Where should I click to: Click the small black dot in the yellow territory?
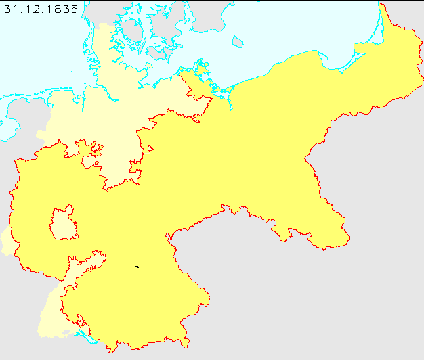[137, 267]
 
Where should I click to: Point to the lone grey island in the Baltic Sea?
[237, 42]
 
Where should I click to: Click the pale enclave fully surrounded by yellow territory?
[65, 223]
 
